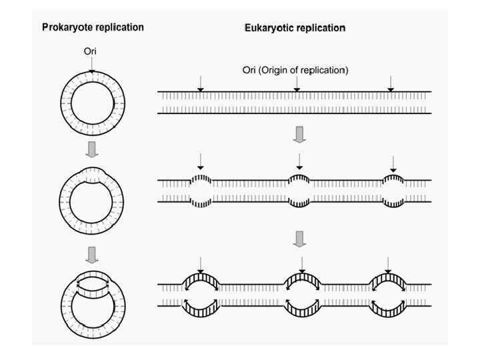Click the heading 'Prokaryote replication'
pyautogui.click(x=93, y=28)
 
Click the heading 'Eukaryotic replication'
pyautogui.click(x=294, y=28)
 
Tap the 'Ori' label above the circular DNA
pyautogui.click(x=92, y=51)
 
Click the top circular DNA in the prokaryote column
pyautogui.click(x=92, y=101)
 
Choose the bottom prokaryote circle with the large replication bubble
pyautogui.click(x=92, y=297)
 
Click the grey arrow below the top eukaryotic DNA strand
pyautogui.click(x=300, y=135)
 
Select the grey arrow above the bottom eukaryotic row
pyautogui.click(x=300, y=237)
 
